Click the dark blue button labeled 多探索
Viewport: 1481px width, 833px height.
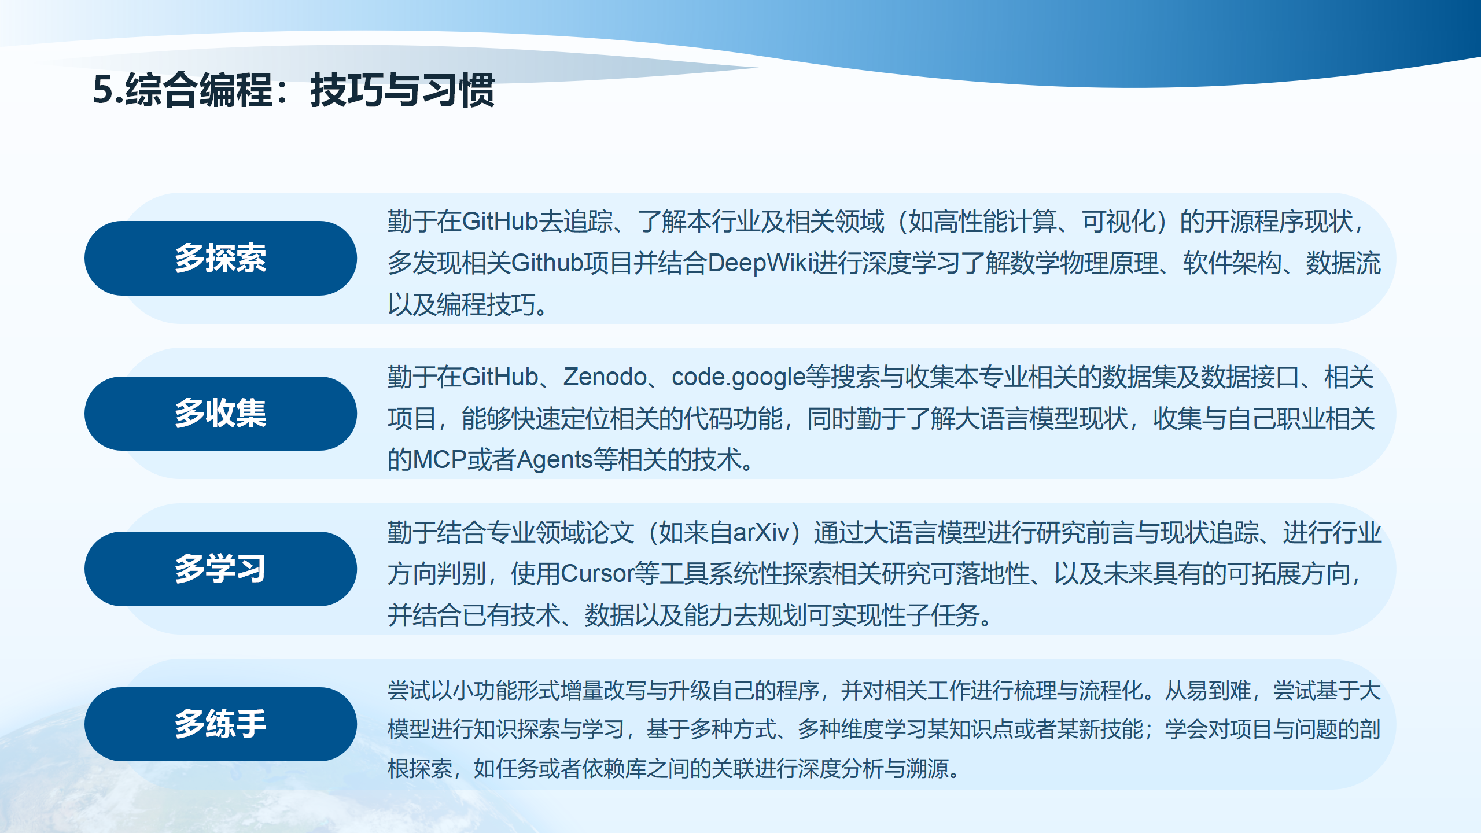click(220, 258)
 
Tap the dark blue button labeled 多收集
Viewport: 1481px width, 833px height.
click(220, 414)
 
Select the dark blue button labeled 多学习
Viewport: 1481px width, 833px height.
click(220, 569)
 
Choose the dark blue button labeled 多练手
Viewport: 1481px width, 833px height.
click(220, 724)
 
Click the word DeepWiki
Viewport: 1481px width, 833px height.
click(757, 263)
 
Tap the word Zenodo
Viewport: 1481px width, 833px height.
click(605, 377)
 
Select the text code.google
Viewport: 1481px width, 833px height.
click(738, 377)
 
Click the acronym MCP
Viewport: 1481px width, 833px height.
click(440, 460)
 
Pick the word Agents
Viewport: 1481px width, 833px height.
click(554, 460)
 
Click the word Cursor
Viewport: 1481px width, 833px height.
click(598, 574)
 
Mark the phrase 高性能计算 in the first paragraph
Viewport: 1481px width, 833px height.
click(996, 222)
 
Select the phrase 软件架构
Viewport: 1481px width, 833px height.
click(1232, 263)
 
